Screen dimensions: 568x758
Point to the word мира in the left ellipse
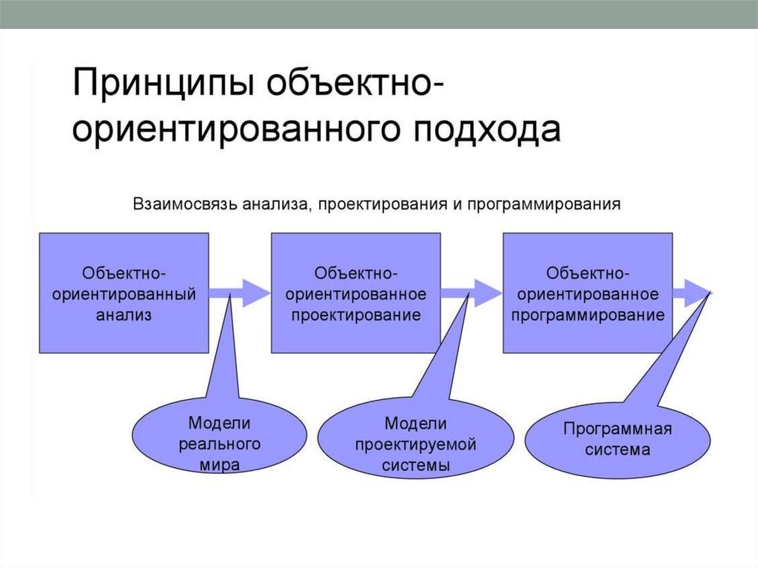219,466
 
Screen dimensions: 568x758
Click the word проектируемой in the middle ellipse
415,444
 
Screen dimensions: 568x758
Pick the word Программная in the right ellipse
617,430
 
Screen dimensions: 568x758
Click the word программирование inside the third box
589,315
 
